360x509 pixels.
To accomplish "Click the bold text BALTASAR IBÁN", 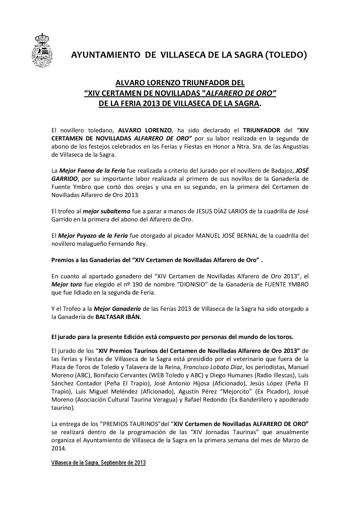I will [x=118, y=317].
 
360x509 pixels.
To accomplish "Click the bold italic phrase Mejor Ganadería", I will [x=118, y=309].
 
